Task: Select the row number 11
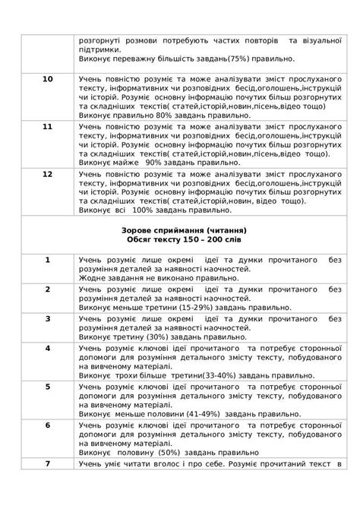pos(47,125)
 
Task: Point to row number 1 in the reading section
pos(47,260)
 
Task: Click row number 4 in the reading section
pos(47,347)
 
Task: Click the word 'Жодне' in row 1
pos(92,278)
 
